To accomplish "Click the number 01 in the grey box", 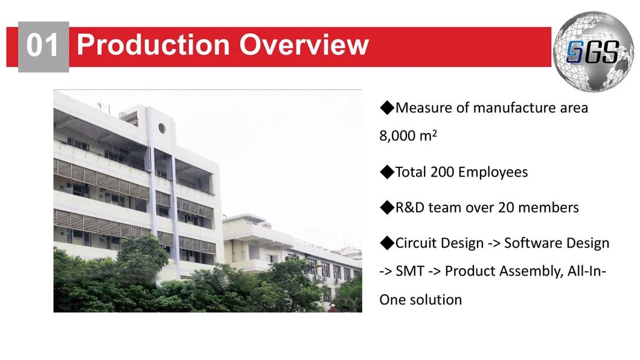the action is point(42,45).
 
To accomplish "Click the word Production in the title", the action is point(153,44).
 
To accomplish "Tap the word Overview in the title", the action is point(304,44).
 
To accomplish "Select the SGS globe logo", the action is point(594,51).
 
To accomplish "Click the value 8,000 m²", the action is point(408,135).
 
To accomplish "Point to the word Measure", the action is point(424,108).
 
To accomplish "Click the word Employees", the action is point(493,172).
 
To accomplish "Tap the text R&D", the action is point(410,207).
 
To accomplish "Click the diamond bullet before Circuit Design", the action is point(387,243).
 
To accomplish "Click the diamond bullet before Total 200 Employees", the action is point(387,172).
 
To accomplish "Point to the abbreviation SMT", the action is point(410,271).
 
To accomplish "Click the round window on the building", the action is point(162,128).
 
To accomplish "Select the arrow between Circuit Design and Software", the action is point(494,243).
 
